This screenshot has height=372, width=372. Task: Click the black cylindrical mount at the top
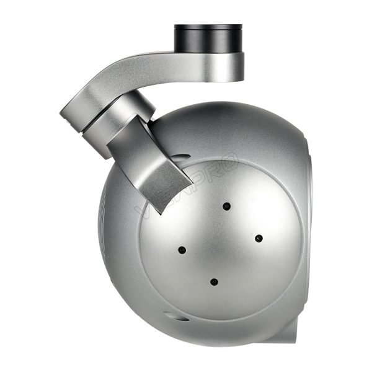208,38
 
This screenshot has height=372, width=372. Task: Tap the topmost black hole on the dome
228,205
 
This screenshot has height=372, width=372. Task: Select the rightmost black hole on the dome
259,238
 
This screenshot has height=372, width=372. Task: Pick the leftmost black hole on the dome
182,250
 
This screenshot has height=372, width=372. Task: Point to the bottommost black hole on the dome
213,282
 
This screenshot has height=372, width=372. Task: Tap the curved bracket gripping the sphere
152,167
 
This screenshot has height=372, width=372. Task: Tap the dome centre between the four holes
220,244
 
